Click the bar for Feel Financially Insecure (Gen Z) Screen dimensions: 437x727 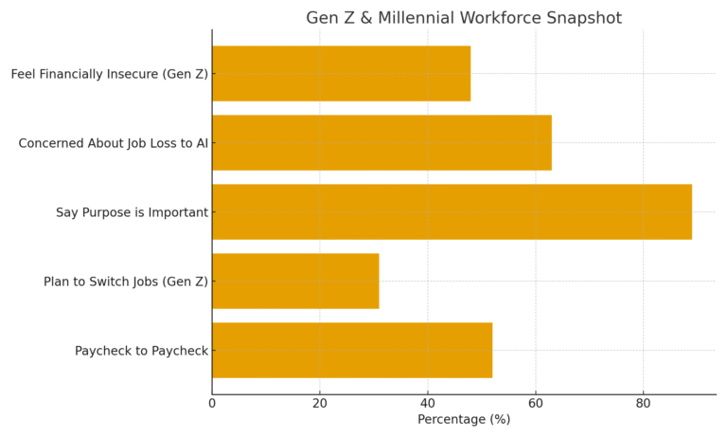coord(341,74)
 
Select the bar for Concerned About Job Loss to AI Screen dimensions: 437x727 coord(381,143)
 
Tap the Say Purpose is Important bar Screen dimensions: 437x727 coord(452,212)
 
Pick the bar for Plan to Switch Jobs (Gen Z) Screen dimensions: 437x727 coord(295,282)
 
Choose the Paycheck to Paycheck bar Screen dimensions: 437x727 coord(352,351)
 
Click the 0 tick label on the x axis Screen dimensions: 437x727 coord(212,403)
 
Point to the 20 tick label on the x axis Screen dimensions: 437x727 coord(320,403)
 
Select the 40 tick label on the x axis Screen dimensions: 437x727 coord(428,403)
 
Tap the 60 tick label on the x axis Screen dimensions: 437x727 coord(536,403)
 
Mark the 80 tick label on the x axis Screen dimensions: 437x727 coord(644,403)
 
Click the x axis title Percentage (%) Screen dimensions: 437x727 coord(464,420)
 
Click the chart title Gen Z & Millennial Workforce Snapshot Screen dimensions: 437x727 coord(464,18)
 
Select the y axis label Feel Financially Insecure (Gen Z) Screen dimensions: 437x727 coord(110,74)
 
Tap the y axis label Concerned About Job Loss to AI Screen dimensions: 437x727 coord(114,143)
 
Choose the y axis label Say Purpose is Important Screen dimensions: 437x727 coord(132,212)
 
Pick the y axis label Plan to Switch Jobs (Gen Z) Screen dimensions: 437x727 coord(126,282)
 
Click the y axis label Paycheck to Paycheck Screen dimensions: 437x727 coord(141,351)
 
